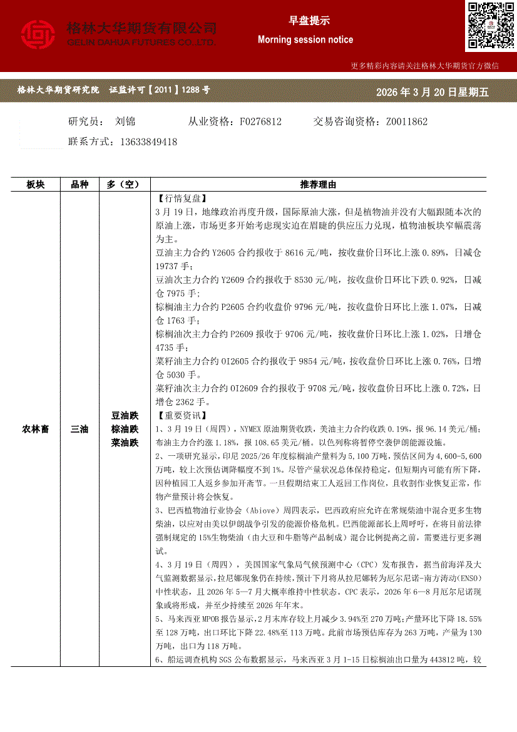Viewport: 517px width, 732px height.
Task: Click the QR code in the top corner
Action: point(490,26)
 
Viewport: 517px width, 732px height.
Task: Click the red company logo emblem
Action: point(38,35)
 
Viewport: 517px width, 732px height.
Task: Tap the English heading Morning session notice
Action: point(305,39)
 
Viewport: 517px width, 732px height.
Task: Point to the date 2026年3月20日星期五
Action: point(432,93)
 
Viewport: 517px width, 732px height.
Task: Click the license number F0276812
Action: point(260,121)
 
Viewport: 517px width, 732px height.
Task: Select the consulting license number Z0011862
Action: point(407,121)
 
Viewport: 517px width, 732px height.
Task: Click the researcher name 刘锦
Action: point(126,121)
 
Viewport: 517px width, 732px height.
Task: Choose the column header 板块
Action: point(36,185)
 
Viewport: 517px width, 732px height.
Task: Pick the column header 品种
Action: point(79,185)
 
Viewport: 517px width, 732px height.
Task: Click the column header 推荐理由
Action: point(318,185)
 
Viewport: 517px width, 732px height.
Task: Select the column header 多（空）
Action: point(125,185)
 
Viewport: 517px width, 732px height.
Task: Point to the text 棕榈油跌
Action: point(125,429)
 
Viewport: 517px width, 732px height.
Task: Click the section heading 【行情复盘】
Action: point(180,198)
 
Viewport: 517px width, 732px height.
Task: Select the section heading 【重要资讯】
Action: point(180,415)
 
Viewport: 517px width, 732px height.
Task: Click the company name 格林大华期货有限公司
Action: point(141,28)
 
